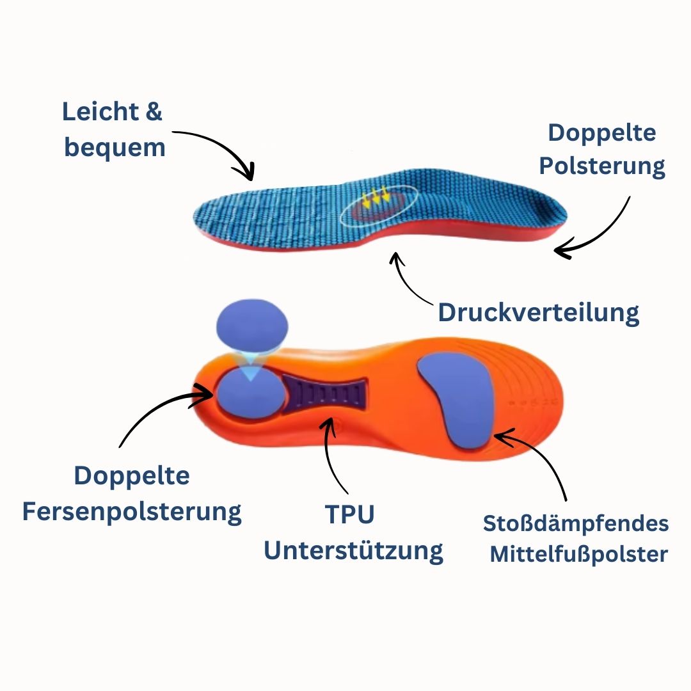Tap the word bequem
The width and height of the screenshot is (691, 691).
coord(115,148)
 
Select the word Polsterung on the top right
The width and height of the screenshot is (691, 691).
coord(601,166)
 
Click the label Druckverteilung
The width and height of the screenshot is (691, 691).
coord(538,313)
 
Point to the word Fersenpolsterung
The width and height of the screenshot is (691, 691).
coord(132,512)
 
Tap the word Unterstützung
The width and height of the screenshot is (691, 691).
coord(353,550)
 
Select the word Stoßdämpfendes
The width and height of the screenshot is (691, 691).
coord(576,524)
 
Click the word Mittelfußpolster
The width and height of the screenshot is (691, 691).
coord(578,554)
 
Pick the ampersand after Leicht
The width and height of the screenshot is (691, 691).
coord(152,112)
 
